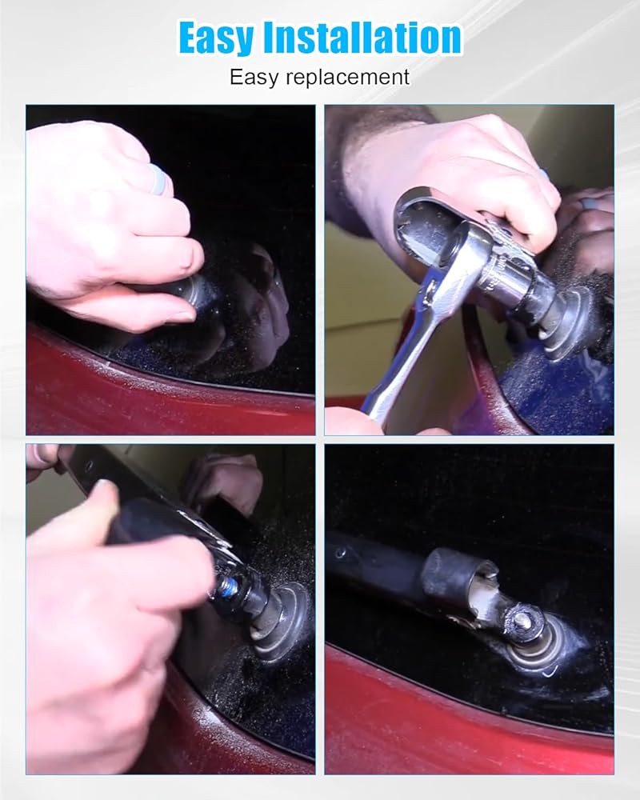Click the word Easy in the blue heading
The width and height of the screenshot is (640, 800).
tap(216, 38)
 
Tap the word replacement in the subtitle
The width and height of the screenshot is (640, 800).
tap(347, 78)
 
